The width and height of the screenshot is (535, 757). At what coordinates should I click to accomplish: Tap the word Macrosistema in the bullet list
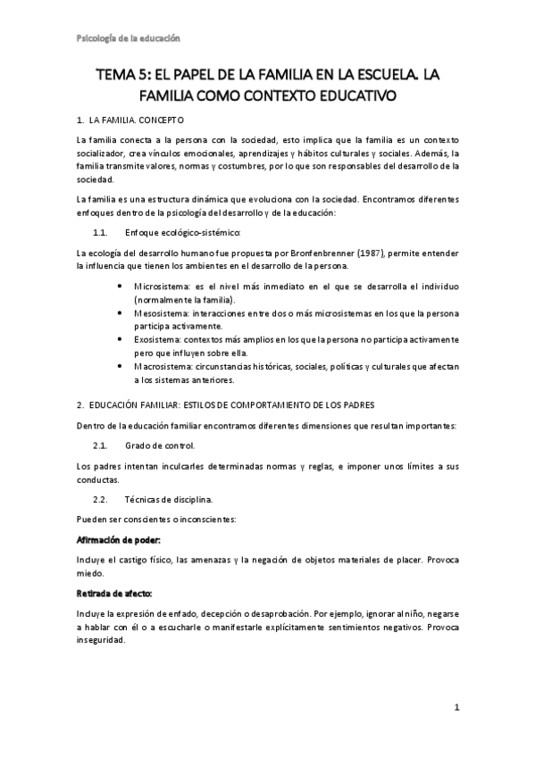point(163,366)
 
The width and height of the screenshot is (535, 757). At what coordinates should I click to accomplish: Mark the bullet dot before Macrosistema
point(121,366)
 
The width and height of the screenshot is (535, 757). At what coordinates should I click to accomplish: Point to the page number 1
point(456,709)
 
